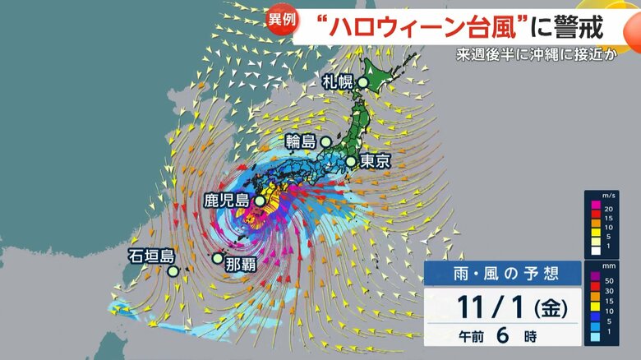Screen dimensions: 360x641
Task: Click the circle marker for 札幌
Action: pyautogui.click(x=362, y=81)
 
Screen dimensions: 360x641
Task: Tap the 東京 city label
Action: pyautogui.click(x=375, y=162)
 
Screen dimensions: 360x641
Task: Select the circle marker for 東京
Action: pyautogui.click(x=351, y=162)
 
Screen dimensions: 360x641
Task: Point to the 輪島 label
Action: pyautogui.click(x=302, y=141)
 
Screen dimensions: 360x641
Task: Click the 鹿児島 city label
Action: pyautogui.click(x=227, y=200)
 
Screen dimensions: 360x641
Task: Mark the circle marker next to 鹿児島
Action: pyautogui.click(x=260, y=201)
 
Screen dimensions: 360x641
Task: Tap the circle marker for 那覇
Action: pyautogui.click(x=217, y=258)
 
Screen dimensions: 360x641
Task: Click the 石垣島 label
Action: pyautogui.click(x=150, y=255)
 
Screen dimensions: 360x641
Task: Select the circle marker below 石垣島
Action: pyautogui.click(x=173, y=271)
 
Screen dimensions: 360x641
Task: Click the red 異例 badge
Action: pyautogui.click(x=279, y=19)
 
